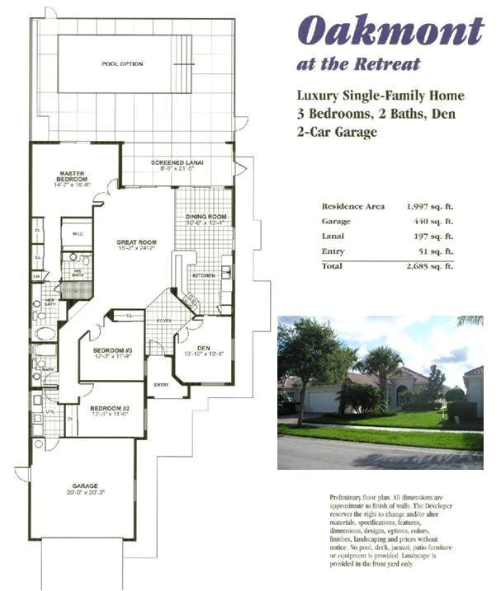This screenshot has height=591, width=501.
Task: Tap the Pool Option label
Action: coord(122,63)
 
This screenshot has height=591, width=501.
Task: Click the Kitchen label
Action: coord(203,274)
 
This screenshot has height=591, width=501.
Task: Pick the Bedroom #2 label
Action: coord(110,409)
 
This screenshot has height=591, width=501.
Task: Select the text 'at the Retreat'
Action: coord(359,63)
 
